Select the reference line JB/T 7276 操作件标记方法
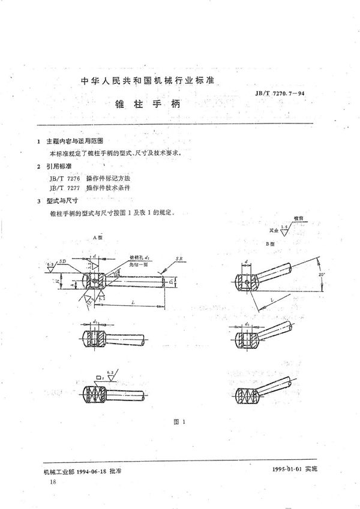pos(94,179)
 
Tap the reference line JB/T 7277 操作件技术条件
pos(94,188)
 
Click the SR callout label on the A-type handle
pos(179,258)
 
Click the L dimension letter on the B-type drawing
pos(273,298)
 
